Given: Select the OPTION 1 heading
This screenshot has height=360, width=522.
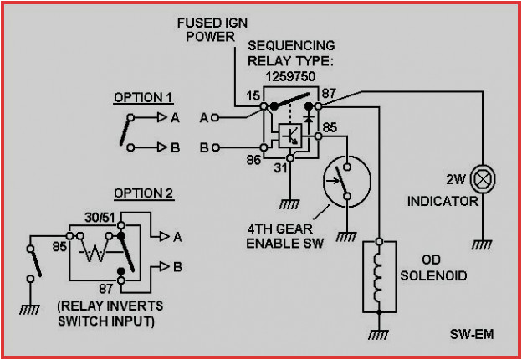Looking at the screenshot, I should [x=143, y=98].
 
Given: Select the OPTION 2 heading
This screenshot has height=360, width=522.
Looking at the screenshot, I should [x=143, y=193].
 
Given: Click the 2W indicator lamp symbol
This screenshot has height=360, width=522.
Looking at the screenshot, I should [x=482, y=178].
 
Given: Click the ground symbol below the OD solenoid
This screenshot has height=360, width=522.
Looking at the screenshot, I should [x=379, y=333].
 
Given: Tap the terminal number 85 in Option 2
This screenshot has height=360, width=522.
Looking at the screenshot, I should [x=59, y=247].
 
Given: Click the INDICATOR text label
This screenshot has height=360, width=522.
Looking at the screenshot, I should [x=443, y=201].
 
